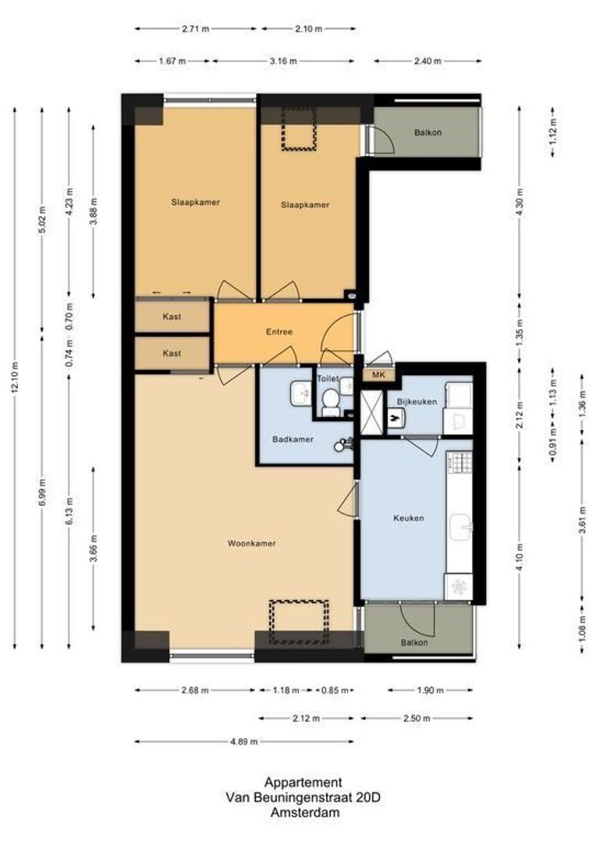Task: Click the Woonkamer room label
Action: pyautogui.click(x=251, y=543)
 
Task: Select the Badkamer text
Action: pyautogui.click(x=293, y=439)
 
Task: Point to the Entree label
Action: pyautogui.click(x=278, y=332)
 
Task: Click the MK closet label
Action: pyautogui.click(x=379, y=376)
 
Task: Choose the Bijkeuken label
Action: pyautogui.click(x=416, y=402)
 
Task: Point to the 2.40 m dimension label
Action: pyautogui.click(x=427, y=61)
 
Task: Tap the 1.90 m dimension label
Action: pyautogui.click(x=431, y=690)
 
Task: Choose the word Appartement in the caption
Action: pyautogui.click(x=303, y=782)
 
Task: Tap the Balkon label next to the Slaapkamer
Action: pyautogui.click(x=427, y=133)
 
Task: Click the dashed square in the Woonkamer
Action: pyautogui.click(x=299, y=622)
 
